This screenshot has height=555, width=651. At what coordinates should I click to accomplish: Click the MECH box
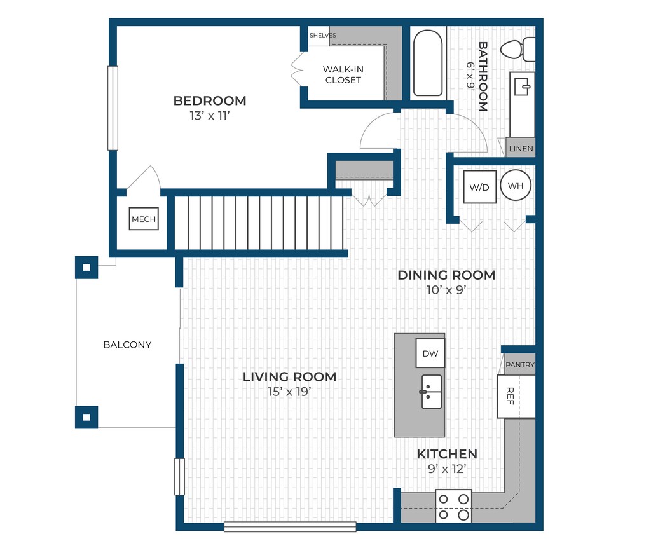pyautogui.click(x=144, y=219)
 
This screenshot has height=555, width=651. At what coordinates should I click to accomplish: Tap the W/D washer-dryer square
pyautogui.click(x=479, y=187)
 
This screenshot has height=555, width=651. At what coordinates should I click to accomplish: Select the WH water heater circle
pyautogui.click(x=516, y=186)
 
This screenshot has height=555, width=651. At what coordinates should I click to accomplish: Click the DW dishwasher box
pyautogui.click(x=430, y=353)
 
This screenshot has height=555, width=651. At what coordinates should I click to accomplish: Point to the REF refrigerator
pyautogui.click(x=516, y=397)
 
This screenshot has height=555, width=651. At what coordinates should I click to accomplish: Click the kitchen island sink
pyautogui.click(x=431, y=392)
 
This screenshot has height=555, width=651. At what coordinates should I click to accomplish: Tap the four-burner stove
pyautogui.click(x=453, y=506)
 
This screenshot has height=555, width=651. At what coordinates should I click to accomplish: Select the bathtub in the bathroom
pyautogui.click(x=428, y=63)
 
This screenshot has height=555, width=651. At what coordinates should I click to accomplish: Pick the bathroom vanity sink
pyautogui.click(x=522, y=86)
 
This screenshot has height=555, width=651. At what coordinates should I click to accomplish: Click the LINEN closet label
pyautogui.click(x=521, y=149)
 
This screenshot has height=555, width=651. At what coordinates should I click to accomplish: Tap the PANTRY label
pyautogui.click(x=520, y=365)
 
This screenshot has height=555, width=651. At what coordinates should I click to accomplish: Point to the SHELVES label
pyautogui.click(x=322, y=36)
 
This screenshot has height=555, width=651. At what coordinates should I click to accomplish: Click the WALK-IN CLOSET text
pyautogui.click(x=343, y=75)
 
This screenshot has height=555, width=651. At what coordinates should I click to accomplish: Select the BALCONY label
pyautogui.click(x=127, y=345)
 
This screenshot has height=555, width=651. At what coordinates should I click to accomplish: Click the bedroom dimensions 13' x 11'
pyautogui.click(x=210, y=116)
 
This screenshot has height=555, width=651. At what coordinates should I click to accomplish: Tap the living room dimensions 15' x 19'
pyautogui.click(x=289, y=392)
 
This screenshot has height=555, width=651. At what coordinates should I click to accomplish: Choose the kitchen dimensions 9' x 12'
pyautogui.click(x=447, y=469)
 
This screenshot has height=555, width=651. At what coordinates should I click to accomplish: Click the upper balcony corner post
pyautogui.click(x=86, y=268)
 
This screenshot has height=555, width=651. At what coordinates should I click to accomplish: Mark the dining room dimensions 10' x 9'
pyautogui.click(x=446, y=290)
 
